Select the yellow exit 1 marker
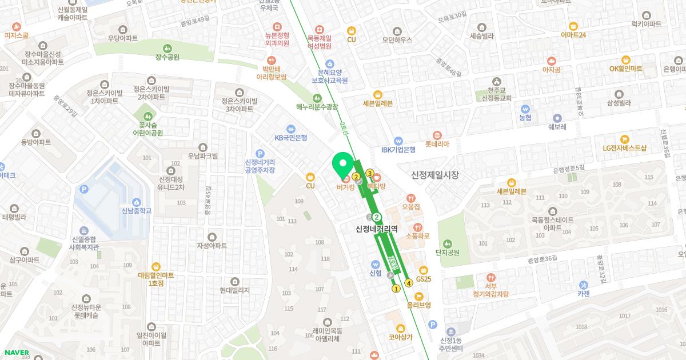pos(396,289)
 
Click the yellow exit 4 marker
pos(409,282)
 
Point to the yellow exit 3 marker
pos(370,173)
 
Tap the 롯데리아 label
pos(437,145)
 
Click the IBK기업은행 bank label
pos(398,150)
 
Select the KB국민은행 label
pos(291,137)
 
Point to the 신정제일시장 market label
pos(434,175)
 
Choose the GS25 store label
pos(424,279)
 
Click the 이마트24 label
pos(573,35)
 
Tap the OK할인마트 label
pos(625,69)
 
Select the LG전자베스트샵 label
pos(624,147)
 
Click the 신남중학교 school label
pos(137,211)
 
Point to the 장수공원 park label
pos(167,57)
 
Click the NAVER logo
pos(15,352)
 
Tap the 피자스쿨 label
pos(16,35)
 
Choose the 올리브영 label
pos(418,305)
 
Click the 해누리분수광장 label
pos(317,106)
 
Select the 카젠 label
pos(583,294)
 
